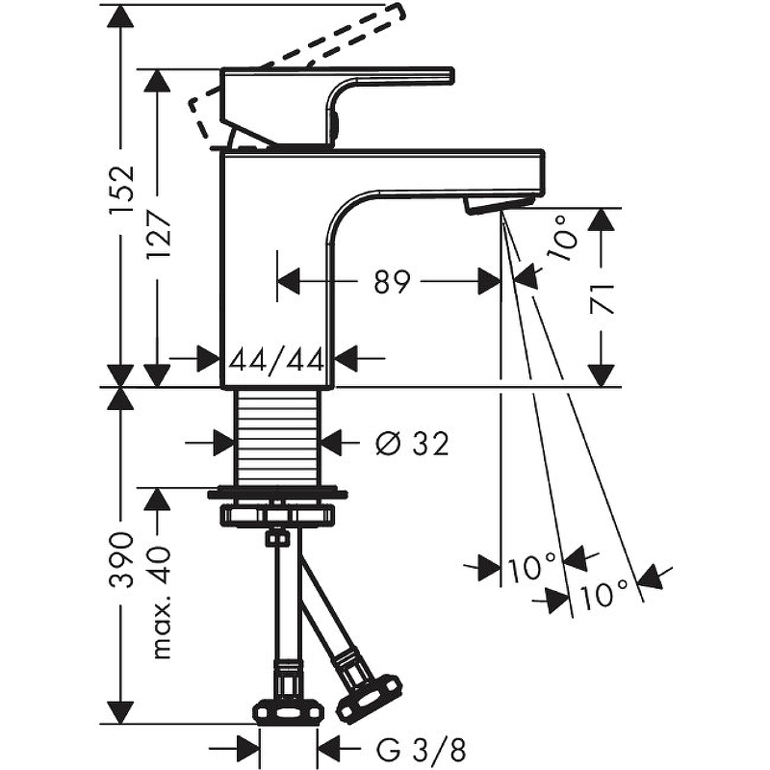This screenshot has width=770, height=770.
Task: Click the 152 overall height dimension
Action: pos(122,189)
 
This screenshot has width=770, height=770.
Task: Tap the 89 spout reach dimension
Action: pos(391,282)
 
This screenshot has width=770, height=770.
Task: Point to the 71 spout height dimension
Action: pos(602,298)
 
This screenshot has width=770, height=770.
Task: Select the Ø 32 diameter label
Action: pos(413,444)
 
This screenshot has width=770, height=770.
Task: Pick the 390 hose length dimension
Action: pos(121,560)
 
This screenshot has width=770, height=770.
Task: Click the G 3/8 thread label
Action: pos(421,750)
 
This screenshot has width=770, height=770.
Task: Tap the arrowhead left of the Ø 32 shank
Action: pos(224,444)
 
